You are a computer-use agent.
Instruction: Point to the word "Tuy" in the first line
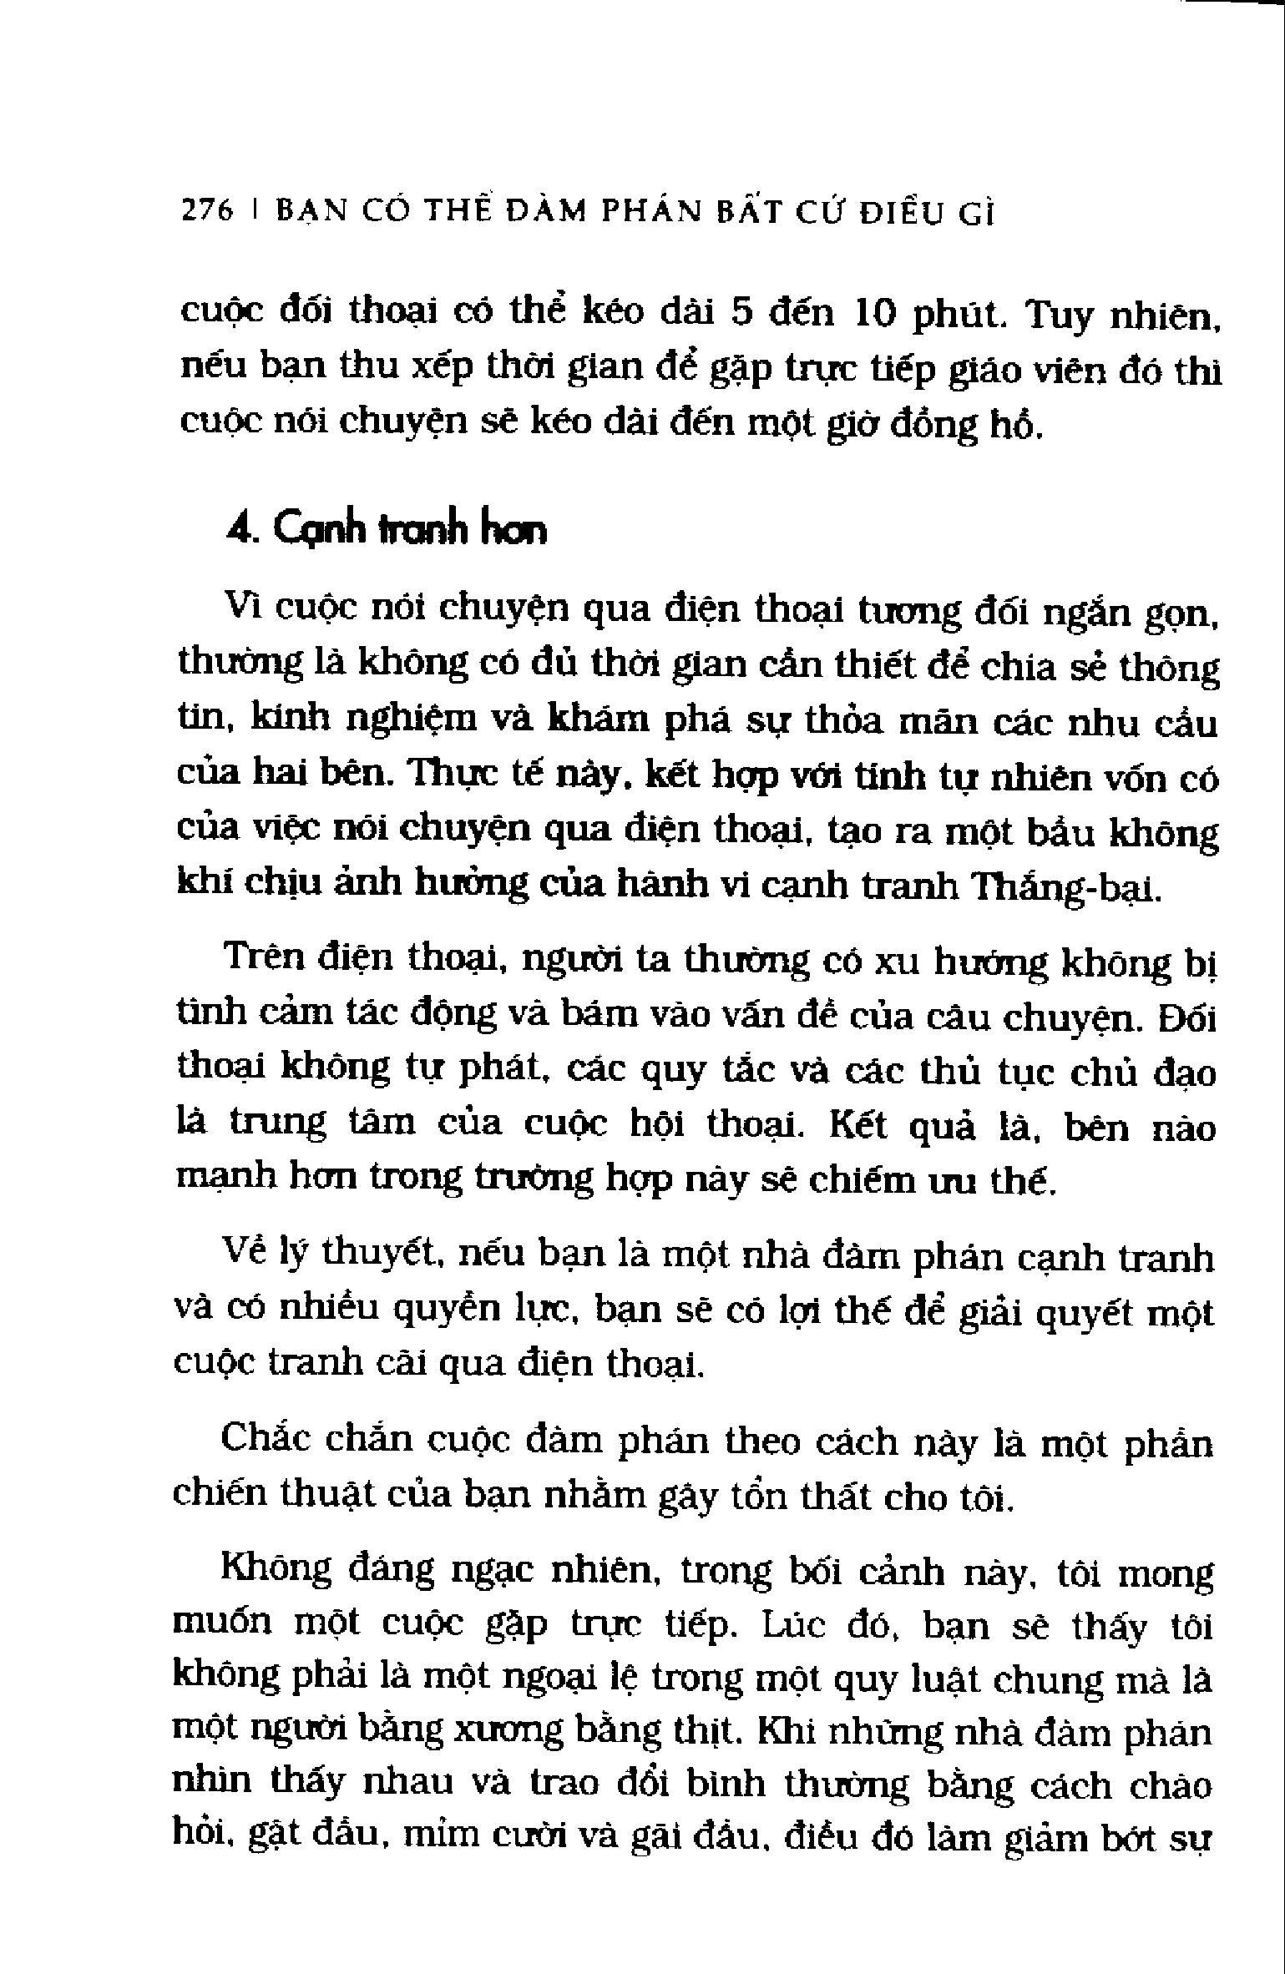tap(1056, 318)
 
